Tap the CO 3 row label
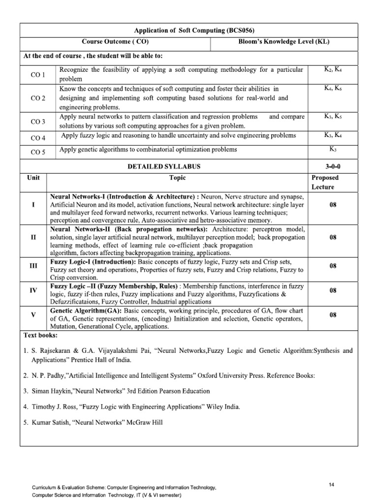click(38, 122)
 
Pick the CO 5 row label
click(38, 152)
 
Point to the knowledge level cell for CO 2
click(333, 89)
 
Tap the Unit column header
click(33, 178)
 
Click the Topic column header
click(177, 178)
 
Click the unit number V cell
click(33, 314)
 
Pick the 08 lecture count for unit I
click(332, 204)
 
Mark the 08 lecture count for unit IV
click(332, 290)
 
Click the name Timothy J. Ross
click(52, 407)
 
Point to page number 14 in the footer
click(332, 485)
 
